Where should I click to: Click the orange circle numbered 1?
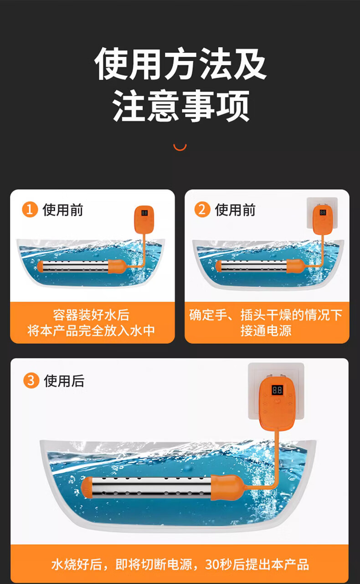30,210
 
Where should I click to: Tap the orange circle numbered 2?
202,210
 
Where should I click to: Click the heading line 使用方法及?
180,64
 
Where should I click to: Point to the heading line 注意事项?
180,106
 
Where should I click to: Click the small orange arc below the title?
180,148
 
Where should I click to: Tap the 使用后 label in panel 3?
64,381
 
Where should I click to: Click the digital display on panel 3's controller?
277,390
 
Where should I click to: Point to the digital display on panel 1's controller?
144,213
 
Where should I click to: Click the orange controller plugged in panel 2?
323,220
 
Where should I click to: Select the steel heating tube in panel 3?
152,488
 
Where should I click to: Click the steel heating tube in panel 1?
76,266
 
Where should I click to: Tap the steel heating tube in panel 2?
253,266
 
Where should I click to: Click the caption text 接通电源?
266,331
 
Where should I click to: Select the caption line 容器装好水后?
91,315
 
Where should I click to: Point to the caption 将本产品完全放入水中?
91,331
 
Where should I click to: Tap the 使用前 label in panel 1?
62,210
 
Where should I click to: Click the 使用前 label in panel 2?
235,210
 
